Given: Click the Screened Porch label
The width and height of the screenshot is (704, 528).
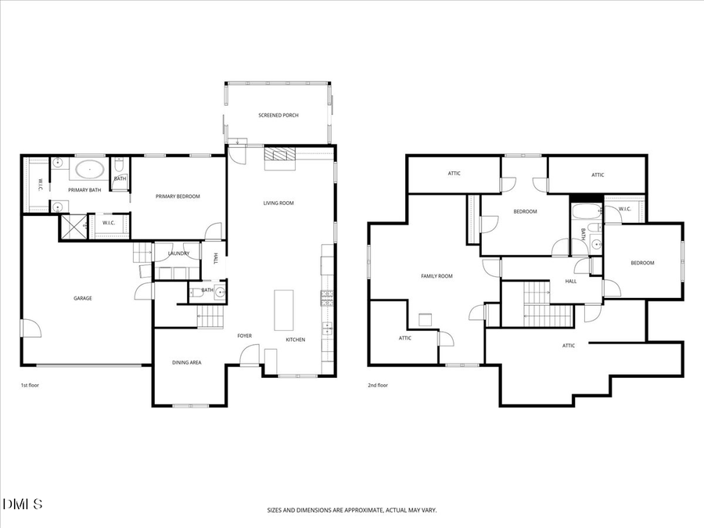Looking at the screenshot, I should point(278,116).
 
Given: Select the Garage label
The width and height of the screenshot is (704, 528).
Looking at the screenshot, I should point(83,298).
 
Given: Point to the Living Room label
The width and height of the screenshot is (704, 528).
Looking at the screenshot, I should point(278,203).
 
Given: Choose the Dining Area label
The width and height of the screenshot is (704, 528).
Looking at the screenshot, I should point(187,363).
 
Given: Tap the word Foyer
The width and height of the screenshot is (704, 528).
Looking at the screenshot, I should point(245,336).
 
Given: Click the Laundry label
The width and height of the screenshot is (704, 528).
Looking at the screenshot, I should point(179,253).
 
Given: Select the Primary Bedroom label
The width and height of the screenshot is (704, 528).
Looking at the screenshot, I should point(178,196).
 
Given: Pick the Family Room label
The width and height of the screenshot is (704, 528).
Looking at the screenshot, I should point(436,276).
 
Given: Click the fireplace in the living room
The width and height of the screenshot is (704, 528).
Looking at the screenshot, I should point(280,157).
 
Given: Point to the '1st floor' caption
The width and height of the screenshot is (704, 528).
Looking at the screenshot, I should point(31,385).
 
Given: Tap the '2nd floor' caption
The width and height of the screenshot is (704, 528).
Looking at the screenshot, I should point(378,385).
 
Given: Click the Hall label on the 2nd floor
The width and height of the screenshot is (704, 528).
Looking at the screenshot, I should point(571,281).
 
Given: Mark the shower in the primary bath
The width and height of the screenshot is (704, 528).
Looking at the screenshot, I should point(74,228).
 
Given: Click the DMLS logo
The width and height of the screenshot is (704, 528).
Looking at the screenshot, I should point(23,503).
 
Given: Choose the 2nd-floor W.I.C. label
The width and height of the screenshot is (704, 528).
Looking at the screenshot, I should point(624,209).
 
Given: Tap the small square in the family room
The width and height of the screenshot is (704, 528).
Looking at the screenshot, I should point(426,319).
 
